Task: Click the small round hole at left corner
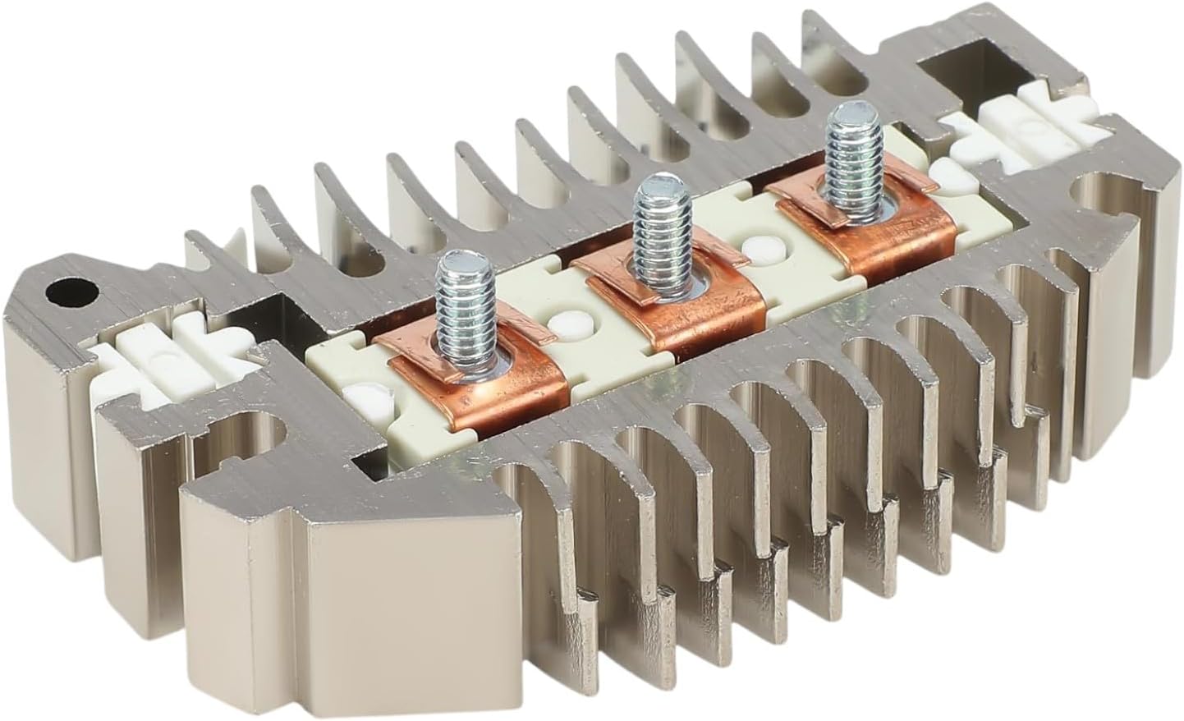coord(64,290)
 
